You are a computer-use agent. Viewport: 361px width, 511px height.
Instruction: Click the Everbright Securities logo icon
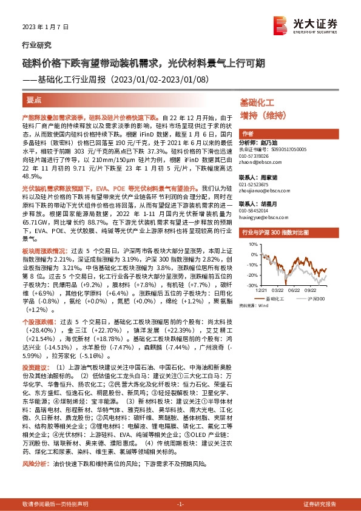280,25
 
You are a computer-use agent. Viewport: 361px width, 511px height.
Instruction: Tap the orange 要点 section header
35,98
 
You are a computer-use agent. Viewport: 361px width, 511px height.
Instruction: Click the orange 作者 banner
248,134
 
